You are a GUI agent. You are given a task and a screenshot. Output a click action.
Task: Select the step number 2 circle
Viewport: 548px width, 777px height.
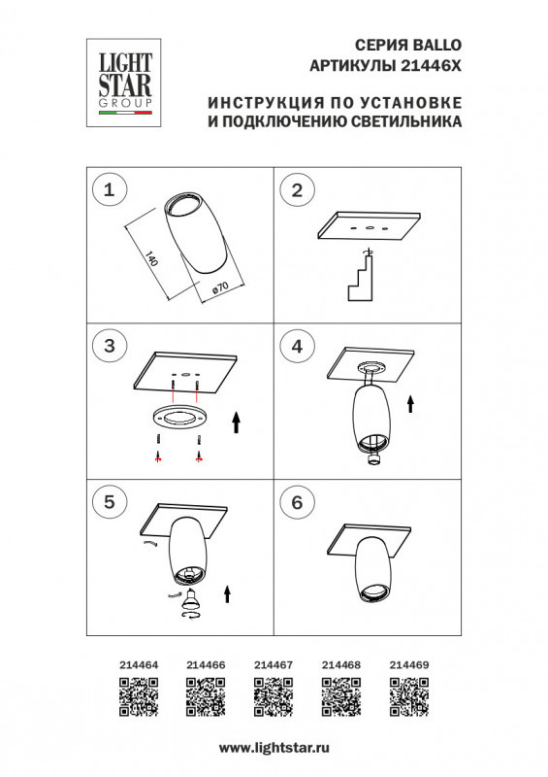pyautogui.click(x=297, y=190)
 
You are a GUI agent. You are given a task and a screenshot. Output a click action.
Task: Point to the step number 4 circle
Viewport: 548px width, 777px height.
pyautogui.click(x=297, y=345)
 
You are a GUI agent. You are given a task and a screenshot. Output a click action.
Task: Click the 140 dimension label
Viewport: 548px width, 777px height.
pyautogui.click(x=150, y=258)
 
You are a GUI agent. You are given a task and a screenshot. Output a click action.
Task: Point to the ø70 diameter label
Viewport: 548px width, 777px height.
pyautogui.click(x=218, y=287)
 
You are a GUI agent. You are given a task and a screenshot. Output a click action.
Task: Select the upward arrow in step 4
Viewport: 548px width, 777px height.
pyautogui.click(x=410, y=403)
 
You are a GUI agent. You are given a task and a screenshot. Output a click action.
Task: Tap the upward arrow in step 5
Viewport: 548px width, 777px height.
pyautogui.click(x=228, y=593)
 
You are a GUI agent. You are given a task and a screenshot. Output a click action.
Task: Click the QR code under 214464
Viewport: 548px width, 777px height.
pyautogui.click(x=139, y=697)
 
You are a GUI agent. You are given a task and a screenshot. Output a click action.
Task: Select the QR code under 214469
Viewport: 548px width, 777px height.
pyautogui.click(x=408, y=697)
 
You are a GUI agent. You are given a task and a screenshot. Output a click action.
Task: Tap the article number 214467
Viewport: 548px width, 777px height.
pyautogui.click(x=274, y=665)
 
